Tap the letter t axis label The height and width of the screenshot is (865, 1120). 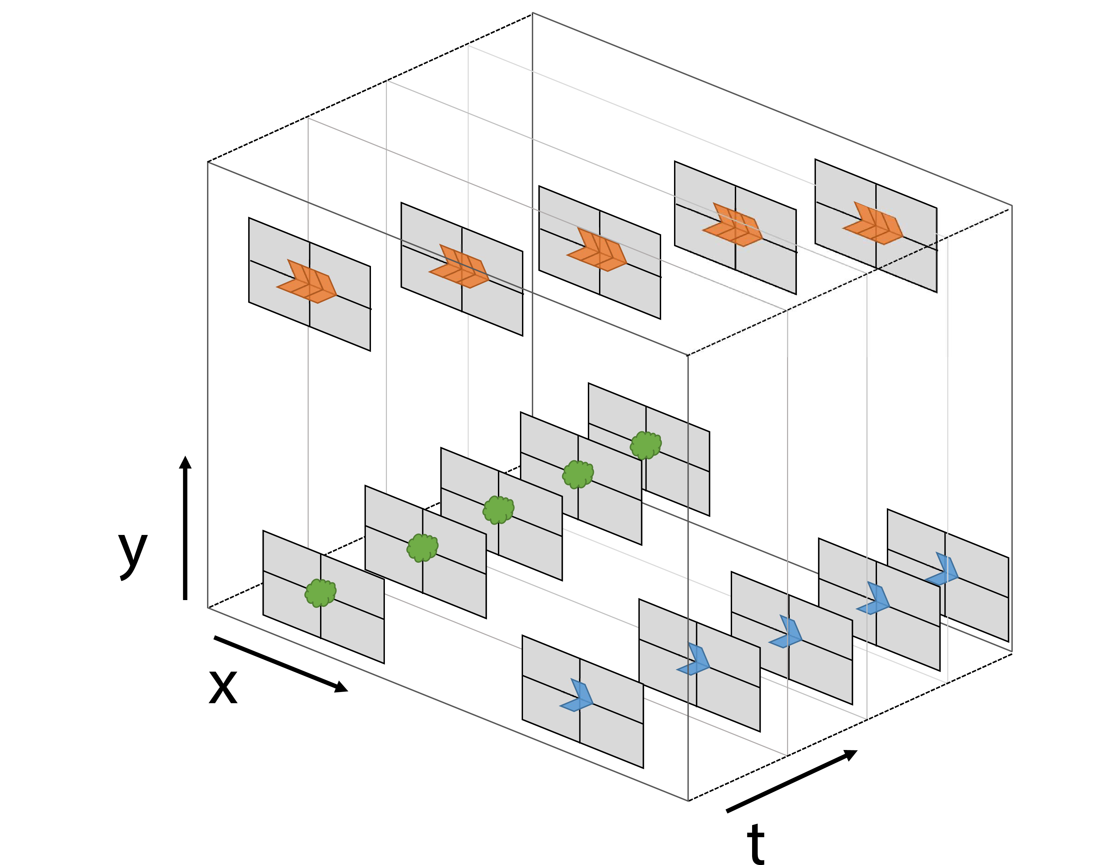click(755, 843)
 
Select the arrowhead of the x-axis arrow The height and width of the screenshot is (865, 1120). click(341, 687)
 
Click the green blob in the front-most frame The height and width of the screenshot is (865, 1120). click(320, 593)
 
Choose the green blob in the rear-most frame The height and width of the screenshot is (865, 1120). click(646, 445)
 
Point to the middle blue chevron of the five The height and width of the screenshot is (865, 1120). click(787, 633)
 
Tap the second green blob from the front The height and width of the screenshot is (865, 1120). click(423, 548)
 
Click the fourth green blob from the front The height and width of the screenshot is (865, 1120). click(578, 475)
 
